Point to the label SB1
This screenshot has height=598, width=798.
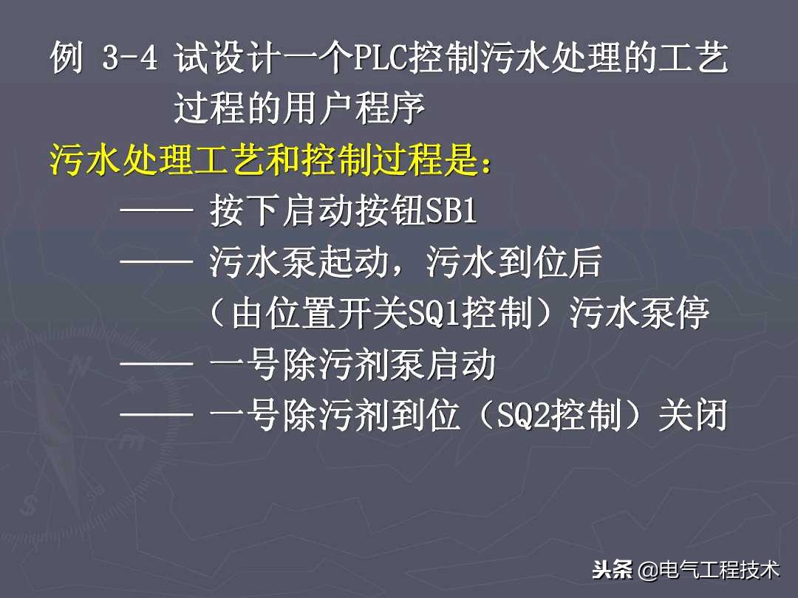coord(452,213)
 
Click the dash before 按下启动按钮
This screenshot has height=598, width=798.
coord(156,213)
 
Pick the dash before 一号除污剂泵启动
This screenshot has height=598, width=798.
coord(156,366)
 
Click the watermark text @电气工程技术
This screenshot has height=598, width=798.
coord(709,570)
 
